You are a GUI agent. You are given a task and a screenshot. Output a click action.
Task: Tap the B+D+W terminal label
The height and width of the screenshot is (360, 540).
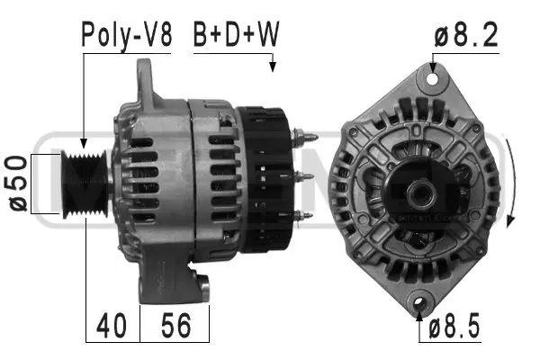236,35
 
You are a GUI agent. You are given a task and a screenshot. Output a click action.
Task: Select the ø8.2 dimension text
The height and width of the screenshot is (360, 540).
467,35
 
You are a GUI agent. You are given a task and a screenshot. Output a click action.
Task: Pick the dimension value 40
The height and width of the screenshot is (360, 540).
112,325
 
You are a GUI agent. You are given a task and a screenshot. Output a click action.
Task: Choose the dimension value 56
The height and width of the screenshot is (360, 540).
175,325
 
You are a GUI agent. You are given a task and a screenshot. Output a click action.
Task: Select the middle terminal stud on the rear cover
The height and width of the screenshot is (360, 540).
304,176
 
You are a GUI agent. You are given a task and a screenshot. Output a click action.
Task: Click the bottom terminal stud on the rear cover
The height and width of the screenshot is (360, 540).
304,214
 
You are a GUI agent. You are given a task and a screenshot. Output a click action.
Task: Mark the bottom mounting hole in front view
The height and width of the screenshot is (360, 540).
419,303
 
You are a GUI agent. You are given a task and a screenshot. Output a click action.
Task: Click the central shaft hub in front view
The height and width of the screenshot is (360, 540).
419,192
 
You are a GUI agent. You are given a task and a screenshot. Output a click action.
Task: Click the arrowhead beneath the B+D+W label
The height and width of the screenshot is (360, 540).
273,66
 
